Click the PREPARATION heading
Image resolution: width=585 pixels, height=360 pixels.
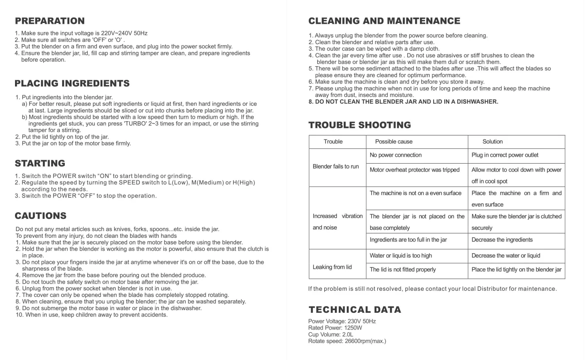pyautogui.click(x=49, y=21)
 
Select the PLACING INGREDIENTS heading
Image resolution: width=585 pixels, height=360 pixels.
pyautogui.click(x=72, y=83)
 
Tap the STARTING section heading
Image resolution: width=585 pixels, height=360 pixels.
pyautogui.click(x=40, y=163)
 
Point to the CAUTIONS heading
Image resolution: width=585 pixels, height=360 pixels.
pyautogui.click(x=41, y=216)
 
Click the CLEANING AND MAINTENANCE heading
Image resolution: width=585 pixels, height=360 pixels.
pyautogui.click(x=384, y=21)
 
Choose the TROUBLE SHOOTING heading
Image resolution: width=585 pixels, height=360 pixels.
pyautogui.click(x=360, y=125)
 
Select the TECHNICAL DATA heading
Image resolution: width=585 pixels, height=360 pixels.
pyautogui.click(x=355, y=310)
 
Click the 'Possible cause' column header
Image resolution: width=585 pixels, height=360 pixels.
pyautogui.click(x=394, y=142)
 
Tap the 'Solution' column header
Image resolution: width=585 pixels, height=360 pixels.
pyautogui.click(x=492, y=142)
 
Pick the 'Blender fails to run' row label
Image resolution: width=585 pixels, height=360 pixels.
pyautogui.click(x=336, y=166)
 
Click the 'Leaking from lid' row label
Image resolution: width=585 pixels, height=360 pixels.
pyautogui.click(x=332, y=267)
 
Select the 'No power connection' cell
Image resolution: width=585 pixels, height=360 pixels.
pyautogui.click(x=395, y=155)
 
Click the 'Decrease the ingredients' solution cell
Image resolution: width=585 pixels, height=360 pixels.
pyautogui.click(x=502, y=240)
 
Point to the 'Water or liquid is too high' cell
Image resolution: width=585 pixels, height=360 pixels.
pyautogui.click(x=401, y=255)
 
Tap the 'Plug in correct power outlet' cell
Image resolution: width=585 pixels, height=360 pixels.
pyautogui.click(x=505, y=155)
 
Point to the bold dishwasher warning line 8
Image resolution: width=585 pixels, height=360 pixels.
pyautogui.click(x=403, y=101)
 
